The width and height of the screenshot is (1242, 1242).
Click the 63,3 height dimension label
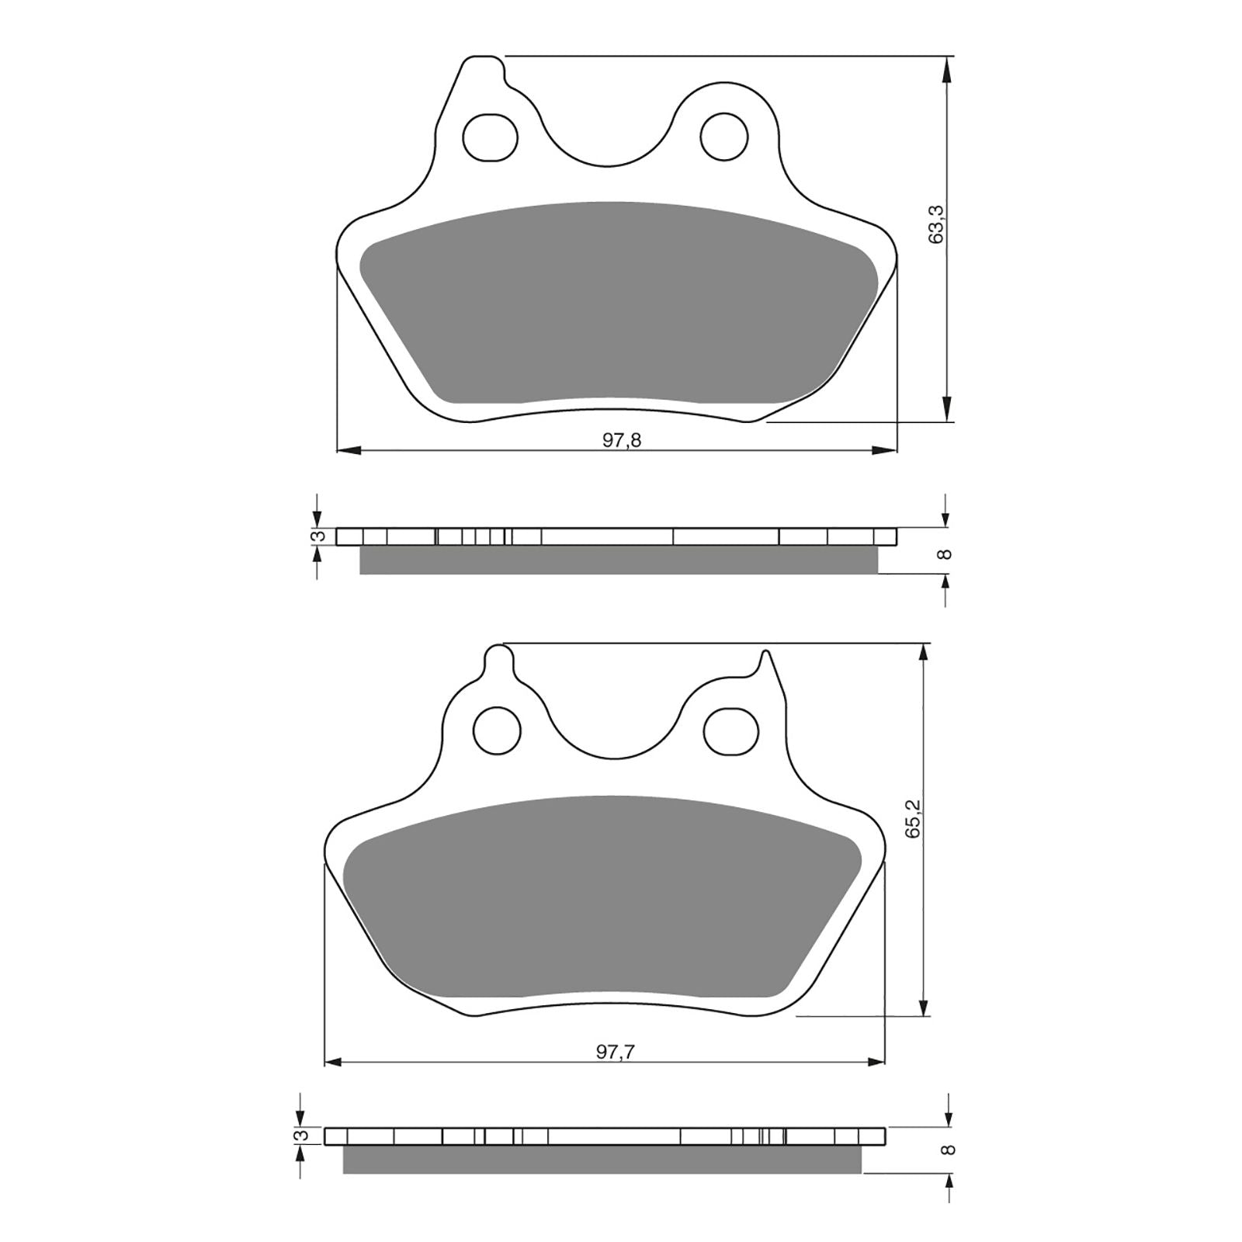(x=936, y=224)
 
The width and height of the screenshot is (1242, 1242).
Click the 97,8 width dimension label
(x=622, y=441)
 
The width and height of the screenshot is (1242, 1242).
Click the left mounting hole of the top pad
(x=490, y=138)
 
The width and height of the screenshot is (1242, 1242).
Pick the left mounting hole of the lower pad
(x=497, y=730)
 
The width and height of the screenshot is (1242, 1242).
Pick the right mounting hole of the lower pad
(x=729, y=730)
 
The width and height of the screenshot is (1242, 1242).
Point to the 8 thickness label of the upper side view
(x=945, y=553)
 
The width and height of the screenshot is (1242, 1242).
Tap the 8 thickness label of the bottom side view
(x=945, y=1150)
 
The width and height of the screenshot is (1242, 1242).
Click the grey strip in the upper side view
(x=619, y=560)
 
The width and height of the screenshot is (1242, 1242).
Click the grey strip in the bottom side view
(x=602, y=1160)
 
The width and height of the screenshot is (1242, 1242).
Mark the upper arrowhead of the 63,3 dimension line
(x=946, y=70)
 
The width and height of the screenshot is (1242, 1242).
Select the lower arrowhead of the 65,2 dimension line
(x=923, y=1005)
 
